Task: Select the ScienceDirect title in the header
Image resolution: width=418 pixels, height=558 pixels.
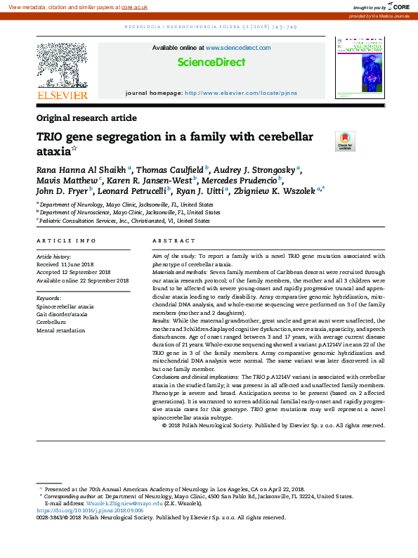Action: (x=211, y=63)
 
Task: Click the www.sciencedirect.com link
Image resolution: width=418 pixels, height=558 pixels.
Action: (x=238, y=48)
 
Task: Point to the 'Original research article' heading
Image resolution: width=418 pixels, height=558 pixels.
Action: (x=86, y=118)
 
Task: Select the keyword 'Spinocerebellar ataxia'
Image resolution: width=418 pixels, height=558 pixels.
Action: (x=65, y=307)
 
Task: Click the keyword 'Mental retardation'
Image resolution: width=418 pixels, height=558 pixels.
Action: (x=60, y=330)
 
